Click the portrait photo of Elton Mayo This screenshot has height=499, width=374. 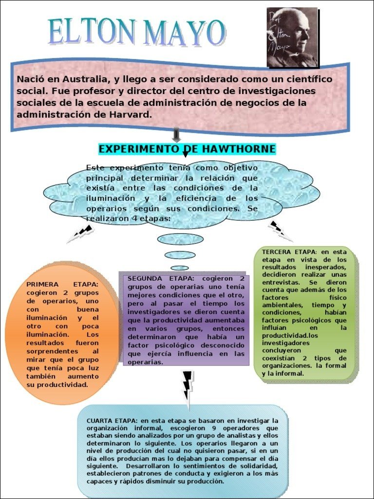292,38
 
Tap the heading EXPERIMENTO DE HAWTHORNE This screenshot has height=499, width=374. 187,149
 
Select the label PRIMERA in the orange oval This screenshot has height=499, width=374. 43,284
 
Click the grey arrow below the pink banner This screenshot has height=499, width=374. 176,135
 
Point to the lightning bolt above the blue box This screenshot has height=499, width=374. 187,385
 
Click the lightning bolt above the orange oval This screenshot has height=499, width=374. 80,234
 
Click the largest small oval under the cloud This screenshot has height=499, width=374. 180,239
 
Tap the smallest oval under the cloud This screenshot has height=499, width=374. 180,268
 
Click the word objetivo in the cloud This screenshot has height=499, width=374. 236,168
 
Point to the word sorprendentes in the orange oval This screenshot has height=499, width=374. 53,351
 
